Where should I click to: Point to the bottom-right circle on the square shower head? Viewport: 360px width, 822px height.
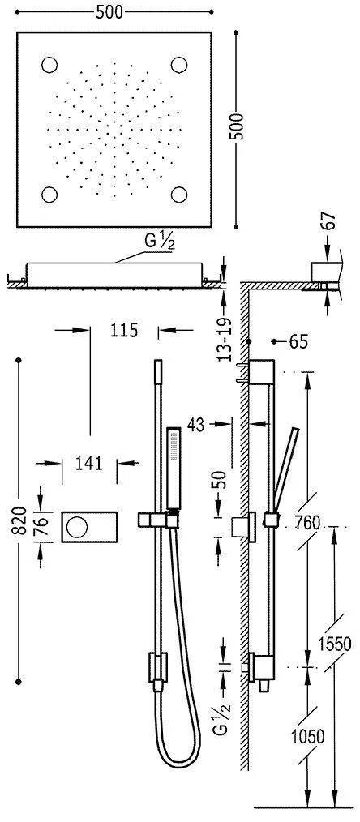(x=179, y=195)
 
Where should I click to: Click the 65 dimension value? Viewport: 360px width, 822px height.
(x=298, y=342)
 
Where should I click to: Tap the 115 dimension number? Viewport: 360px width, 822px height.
(x=123, y=330)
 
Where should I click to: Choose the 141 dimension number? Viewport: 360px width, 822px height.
(x=89, y=463)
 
